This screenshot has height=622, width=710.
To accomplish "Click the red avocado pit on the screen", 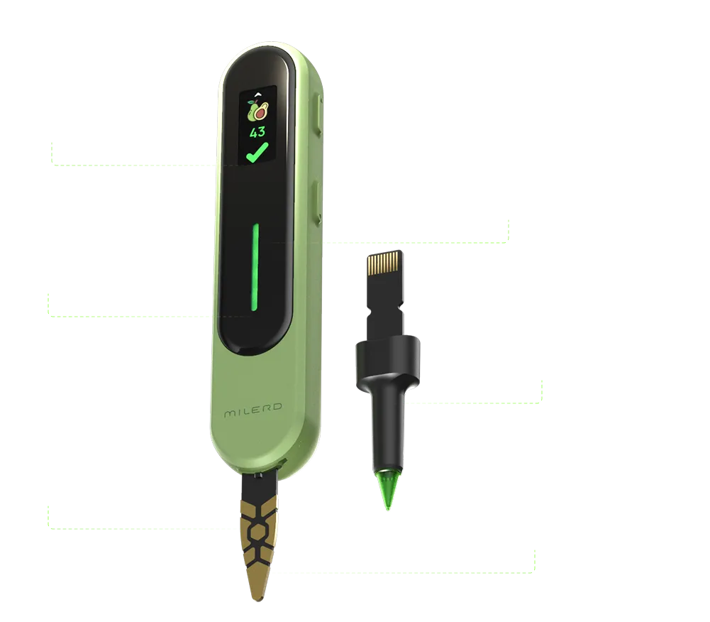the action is pos(260,114).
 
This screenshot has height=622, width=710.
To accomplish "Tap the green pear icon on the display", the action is pos(251,111).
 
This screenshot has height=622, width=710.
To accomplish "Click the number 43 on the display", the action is pos(257,132).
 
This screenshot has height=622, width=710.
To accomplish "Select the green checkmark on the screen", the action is pos(257,153).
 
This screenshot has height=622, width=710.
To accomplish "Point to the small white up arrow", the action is pos(258,94).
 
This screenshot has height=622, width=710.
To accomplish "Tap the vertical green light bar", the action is pos(255,267).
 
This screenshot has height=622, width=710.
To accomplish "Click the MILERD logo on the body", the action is pos(253,410).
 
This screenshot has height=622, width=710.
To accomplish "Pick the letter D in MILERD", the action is pos(277,406).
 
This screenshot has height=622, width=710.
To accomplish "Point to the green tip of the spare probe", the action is pos(388,490).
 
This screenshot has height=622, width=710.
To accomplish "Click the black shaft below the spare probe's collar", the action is pos(388,431).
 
